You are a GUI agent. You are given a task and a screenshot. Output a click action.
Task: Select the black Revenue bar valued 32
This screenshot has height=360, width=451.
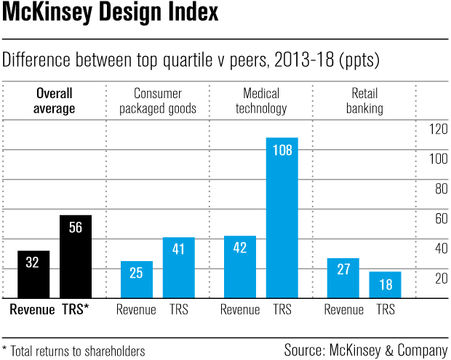point(32,274)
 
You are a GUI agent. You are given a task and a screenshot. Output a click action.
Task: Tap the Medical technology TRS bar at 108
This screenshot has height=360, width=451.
point(282,217)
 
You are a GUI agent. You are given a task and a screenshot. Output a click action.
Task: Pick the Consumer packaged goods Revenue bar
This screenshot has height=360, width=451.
point(136,279)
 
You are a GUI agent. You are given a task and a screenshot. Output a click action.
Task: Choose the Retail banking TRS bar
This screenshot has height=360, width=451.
point(386,284)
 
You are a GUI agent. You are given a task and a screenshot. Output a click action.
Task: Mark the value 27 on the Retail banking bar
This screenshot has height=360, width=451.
point(344,270)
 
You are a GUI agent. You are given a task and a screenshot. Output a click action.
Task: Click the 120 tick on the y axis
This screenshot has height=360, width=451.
point(438,129)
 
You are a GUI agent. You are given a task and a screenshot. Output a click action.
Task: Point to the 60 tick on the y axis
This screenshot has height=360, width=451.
point(441,218)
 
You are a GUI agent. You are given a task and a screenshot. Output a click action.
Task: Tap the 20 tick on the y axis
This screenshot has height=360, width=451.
point(441,278)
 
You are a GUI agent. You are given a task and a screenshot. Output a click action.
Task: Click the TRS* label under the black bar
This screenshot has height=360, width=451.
point(75,309)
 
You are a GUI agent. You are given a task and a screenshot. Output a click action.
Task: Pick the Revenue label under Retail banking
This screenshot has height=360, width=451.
point(344,309)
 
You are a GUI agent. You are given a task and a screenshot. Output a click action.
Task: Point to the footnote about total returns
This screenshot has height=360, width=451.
point(73,351)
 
